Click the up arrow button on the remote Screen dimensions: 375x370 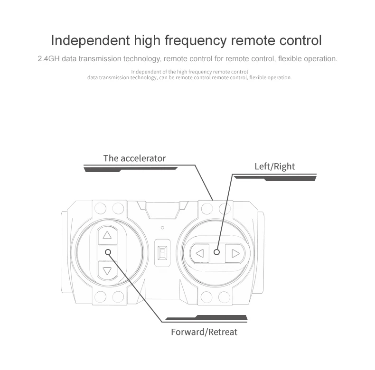tap(107, 235)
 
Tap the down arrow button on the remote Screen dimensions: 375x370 tap(107, 270)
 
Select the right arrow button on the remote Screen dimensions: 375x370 tap(235, 253)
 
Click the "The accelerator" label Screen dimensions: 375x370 tap(134, 158)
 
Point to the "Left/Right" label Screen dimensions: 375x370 tap(274, 166)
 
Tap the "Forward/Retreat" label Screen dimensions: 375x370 tap(204, 332)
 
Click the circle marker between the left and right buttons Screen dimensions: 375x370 tap(216, 252)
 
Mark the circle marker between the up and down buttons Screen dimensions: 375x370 tap(108, 252)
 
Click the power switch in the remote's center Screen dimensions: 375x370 tap(163, 253)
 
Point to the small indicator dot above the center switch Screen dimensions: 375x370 tap(163, 228)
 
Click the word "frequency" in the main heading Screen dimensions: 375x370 tap(195, 40)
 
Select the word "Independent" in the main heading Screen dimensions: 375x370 tap(90, 40)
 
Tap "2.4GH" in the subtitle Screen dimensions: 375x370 tap(48, 58)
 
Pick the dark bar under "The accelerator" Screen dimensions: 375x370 tap(131, 169)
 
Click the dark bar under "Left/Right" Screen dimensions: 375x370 tap(275, 178)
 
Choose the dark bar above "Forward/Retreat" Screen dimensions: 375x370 tap(206, 318)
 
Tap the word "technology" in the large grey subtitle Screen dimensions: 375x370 tap(141, 59)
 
